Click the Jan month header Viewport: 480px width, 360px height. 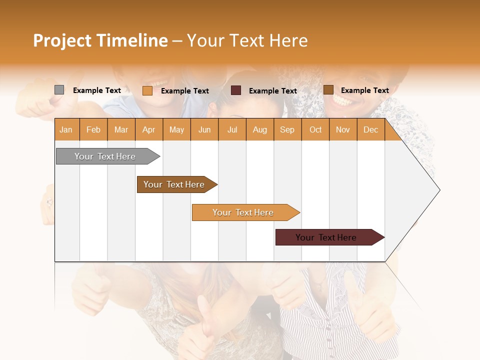tap(66, 129)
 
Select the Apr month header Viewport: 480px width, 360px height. tap(149, 129)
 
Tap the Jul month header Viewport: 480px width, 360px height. tap(232, 129)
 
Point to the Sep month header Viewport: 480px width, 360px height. tap(287, 129)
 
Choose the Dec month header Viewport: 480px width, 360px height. tap(370, 129)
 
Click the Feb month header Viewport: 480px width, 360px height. tap(93, 129)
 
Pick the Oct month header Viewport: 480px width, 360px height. tap(315, 129)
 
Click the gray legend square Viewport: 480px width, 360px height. tap(59, 90)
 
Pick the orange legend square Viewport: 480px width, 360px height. tap(147, 90)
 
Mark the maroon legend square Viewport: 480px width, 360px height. tap(236, 90)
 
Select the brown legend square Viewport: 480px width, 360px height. tap(328, 89)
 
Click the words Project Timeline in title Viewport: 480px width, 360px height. tap(100, 40)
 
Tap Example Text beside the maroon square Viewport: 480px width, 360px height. tap(273, 90)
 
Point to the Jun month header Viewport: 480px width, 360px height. tap(204, 129)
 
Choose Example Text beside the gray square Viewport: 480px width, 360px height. tap(97, 90)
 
